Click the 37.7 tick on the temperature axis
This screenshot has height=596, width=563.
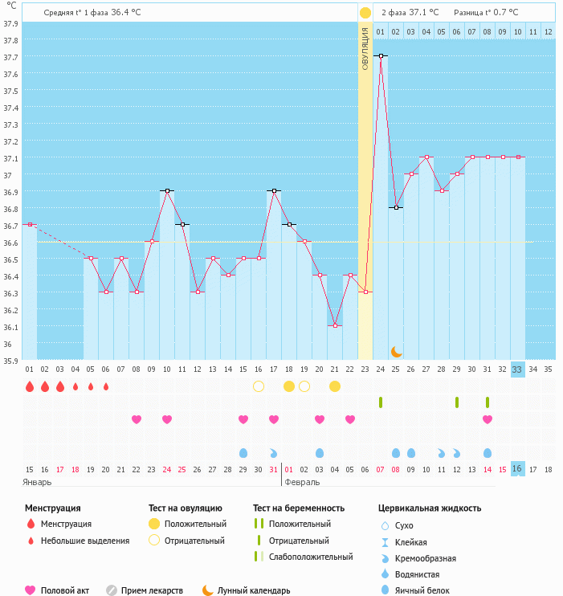pyautogui.click(x=10, y=57)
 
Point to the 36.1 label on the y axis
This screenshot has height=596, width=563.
pyautogui.click(x=10, y=327)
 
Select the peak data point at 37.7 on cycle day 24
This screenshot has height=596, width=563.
pyautogui.click(x=381, y=56)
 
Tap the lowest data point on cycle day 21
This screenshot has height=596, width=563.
pyautogui.click(x=335, y=325)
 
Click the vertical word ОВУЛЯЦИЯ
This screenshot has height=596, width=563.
pyautogui.click(x=365, y=48)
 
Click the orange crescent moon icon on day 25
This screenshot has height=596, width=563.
pyautogui.click(x=396, y=352)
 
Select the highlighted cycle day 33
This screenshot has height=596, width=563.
pyautogui.click(x=517, y=369)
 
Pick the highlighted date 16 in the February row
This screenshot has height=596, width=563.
pyautogui.click(x=517, y=468)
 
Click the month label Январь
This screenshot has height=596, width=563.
pyautogui.click(x=37, y=482)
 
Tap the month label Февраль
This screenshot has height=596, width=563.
pyautogui.click(x=303, y=482)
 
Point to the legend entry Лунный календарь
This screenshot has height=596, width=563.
pyautogui.click(x=254, y=590)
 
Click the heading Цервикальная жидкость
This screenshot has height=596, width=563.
pyautogui.click(x=430, y=508)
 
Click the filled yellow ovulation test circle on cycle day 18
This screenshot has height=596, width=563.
pyautogui.click(x=289, y=386)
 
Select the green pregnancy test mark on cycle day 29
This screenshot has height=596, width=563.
pyautogui.click(x=457, y=402)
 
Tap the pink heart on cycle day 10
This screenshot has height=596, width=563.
pyautogui.click(x=167, y=419)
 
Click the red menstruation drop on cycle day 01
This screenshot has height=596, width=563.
pyautogui.click(x=30, y=386)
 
